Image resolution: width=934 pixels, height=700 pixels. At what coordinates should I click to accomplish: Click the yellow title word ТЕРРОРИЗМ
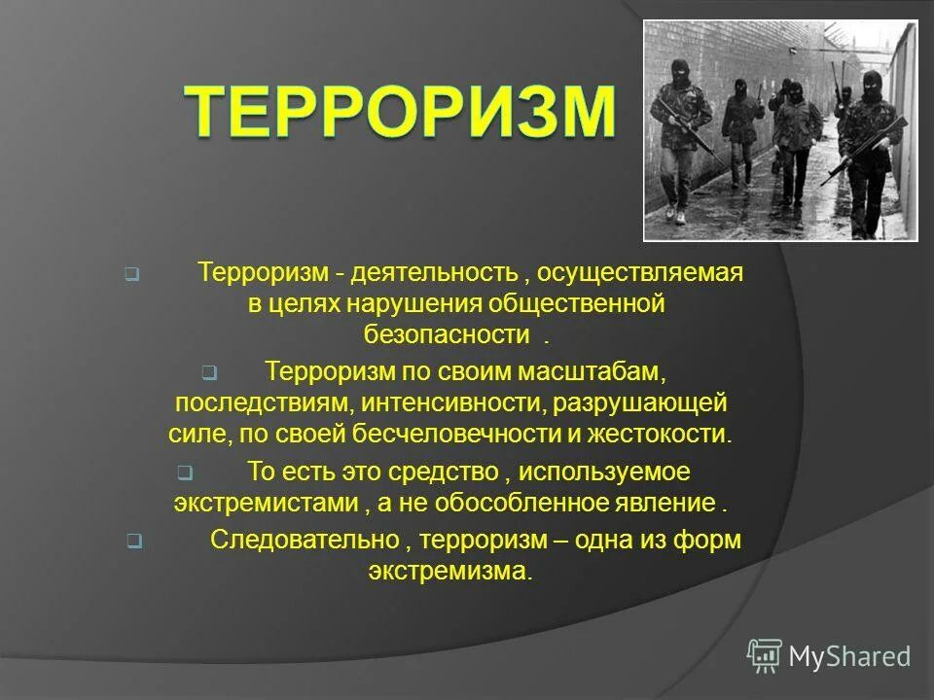pos(400,113)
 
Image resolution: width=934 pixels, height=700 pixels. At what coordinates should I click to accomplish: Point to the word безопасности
pos(442,334)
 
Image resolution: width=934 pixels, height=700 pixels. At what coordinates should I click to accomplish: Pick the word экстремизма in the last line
pos(449,572)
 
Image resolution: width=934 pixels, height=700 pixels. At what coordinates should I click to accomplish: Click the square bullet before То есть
pos(184,474)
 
